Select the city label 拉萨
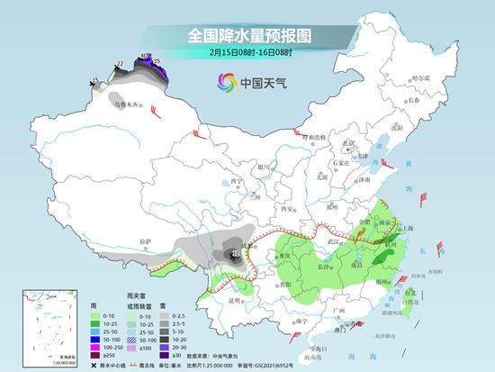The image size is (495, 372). (x=146, y=241)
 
